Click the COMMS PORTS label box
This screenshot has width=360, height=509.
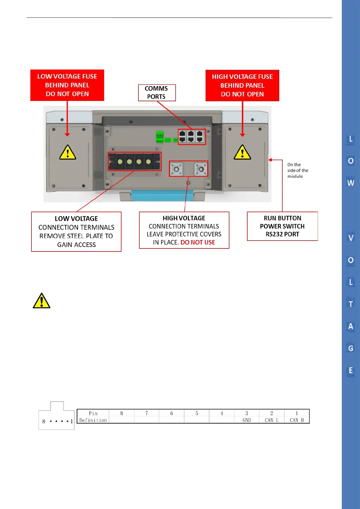coord(157,92)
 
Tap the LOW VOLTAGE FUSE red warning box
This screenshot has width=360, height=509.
coord(67,85)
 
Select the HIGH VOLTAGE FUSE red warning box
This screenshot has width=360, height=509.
coord(242,86)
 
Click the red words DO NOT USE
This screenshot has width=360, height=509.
coord(198,242)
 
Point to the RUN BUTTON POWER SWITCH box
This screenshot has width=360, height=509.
coord(282,226)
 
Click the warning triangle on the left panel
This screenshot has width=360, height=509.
coord(67,152)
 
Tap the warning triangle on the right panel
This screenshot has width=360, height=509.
coord(242,152)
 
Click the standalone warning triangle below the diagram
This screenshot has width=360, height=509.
coord(41,301)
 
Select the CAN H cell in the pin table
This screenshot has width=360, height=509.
coord(297,420)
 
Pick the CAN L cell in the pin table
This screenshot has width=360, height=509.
coord(271,420)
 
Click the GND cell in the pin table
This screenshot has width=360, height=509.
coord(247,420)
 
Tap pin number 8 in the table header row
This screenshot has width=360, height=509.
coord(122,413)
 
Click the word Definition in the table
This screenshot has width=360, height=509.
coord(93,420)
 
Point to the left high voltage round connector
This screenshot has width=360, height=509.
coord(176,169)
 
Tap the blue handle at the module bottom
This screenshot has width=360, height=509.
coord(162,196)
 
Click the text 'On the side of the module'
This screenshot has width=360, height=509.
coord(297,170)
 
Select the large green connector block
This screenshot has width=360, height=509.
coord(160,137)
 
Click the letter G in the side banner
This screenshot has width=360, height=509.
coord(351,349)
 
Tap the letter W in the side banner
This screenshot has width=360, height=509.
coord(351,183)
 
